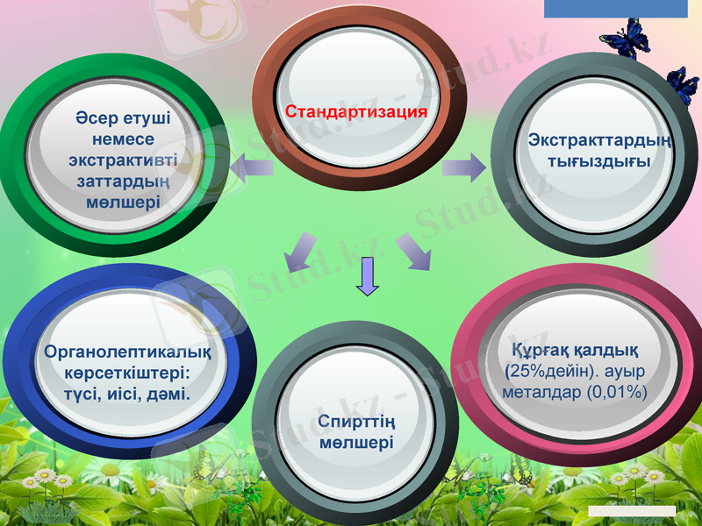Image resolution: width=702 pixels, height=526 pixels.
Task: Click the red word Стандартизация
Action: (355, 112)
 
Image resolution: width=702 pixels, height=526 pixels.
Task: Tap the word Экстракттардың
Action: (601, 140)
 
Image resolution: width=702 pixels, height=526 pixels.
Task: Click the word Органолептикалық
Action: (127, 353)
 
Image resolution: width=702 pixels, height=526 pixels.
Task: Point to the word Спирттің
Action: (356, 422)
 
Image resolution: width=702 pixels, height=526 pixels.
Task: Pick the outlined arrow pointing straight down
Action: (369, 278)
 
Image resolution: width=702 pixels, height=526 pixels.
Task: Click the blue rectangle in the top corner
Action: (615, 9)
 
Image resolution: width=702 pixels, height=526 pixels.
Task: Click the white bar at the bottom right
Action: (632, 510)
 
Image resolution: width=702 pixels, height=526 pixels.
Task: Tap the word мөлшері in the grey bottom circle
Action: (356, 443)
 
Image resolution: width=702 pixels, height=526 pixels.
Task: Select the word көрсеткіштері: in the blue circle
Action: (127, 373)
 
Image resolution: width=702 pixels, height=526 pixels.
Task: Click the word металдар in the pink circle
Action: (538, 392)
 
